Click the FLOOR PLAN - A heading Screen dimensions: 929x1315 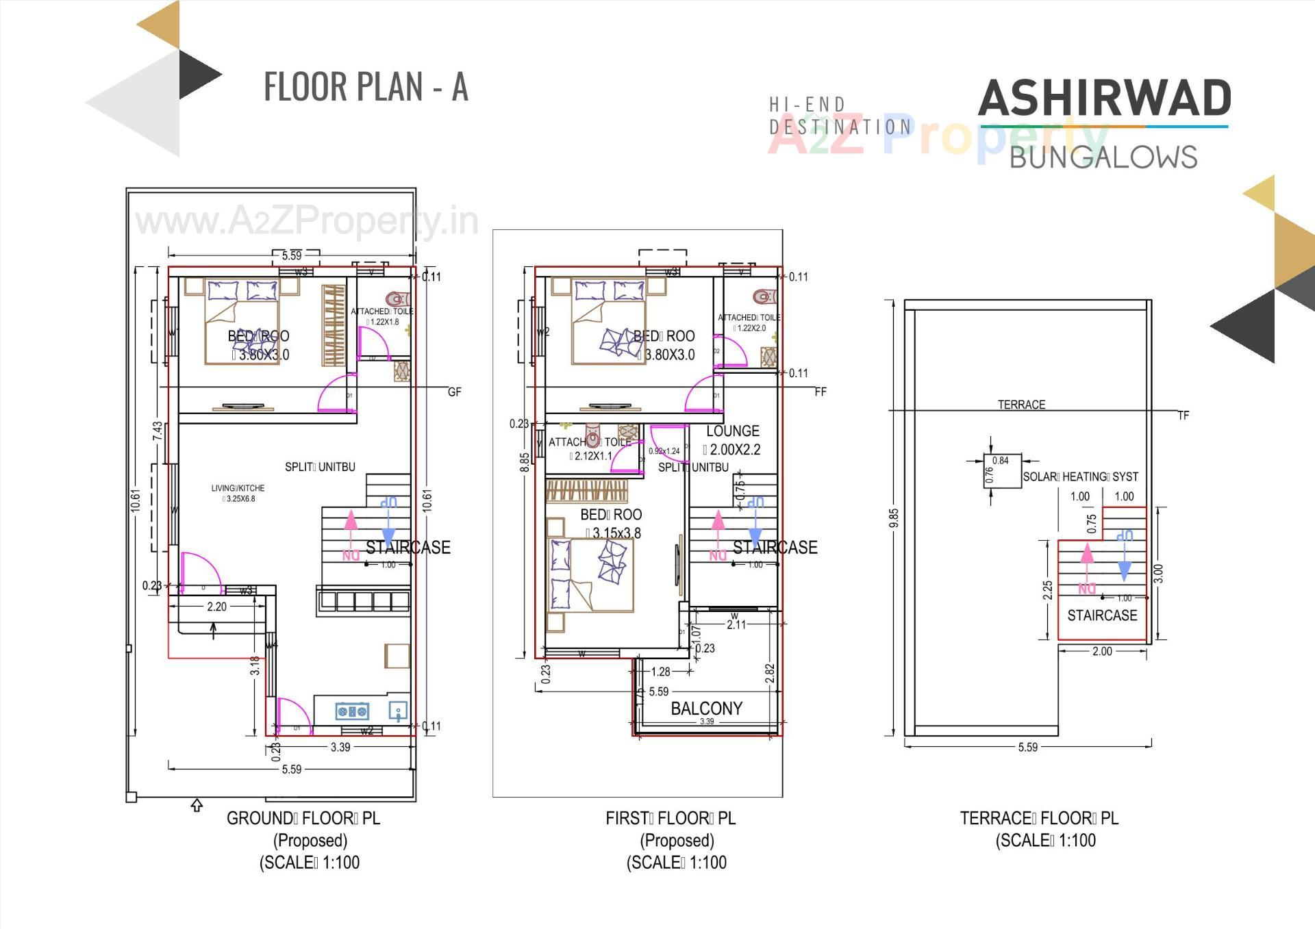[366, 87]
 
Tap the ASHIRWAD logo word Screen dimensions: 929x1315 [1104, 99]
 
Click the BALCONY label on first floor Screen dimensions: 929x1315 [706, 708]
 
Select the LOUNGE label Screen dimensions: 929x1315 [732, 431]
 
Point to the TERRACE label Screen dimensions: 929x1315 [1021, 405]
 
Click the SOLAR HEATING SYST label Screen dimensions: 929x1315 [1080, 476]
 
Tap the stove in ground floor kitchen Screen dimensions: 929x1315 [352, 711]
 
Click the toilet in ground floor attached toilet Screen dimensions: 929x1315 [397, 299]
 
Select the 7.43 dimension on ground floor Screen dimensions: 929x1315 [158, 431]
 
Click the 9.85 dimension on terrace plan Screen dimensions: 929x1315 [893, 518]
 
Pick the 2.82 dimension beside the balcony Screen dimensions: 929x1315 [769, 673]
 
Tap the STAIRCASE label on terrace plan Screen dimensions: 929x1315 [1102, 615]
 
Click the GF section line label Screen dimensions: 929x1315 [454, 392]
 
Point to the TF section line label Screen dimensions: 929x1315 [1183, 416]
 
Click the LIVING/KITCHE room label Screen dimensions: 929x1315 [238, 488]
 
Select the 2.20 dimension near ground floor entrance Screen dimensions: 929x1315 [216, 607]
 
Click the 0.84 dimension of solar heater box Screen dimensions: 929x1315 [1000, 461]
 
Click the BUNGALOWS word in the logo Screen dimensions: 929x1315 [1103, 157]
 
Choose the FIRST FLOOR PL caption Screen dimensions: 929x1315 [671, 818]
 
